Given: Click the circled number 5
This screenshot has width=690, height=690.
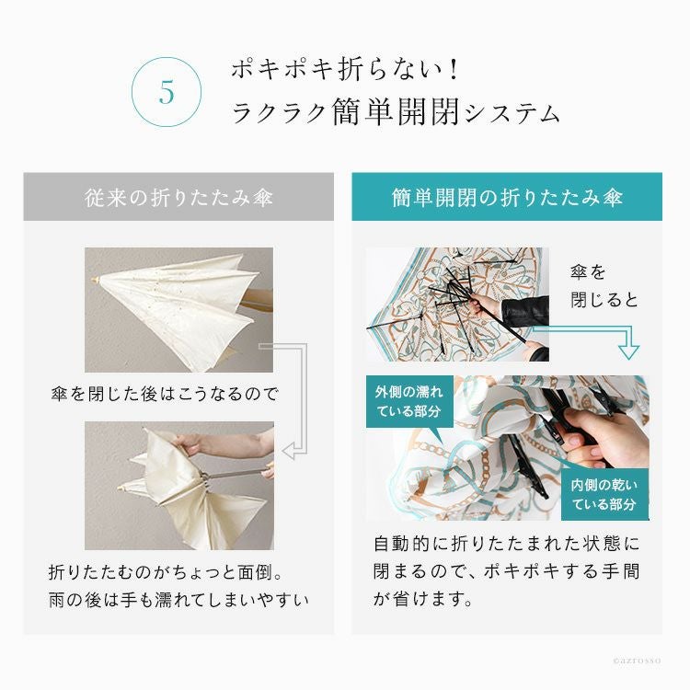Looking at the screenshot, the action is tap(167, 92).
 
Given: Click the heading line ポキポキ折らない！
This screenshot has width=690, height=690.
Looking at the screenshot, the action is tap(345, 70).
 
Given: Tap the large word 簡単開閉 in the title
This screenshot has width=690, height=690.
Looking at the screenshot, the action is tap(396, 112).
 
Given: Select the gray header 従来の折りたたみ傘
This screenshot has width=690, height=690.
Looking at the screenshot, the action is tap(178, 197).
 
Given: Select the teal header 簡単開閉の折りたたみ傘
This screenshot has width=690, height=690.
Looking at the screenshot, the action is tap(507, 197).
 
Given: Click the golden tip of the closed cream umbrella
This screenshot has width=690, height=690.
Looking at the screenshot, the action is tap(95, 281).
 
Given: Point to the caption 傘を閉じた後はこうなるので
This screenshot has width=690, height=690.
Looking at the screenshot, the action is tap(165, 394).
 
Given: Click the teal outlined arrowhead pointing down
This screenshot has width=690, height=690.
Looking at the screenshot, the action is tap(628, 351).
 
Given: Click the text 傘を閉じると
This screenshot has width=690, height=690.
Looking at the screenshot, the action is tap(604, 286).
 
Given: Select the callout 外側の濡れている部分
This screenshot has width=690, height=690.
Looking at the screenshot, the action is tap(409, 401).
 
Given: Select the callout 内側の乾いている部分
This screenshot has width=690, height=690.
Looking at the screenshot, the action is tap(604, 494).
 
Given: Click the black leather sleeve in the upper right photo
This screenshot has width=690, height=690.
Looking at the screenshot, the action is tap(526, 311).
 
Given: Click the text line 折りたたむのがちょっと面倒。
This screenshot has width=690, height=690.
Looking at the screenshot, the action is tap(166, 572).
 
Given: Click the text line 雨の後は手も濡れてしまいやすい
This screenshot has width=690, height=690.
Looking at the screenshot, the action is tap(178, 599).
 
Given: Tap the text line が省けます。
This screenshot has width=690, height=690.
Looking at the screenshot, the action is tap(423, 599).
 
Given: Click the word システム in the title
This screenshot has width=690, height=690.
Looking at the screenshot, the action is tap(512, 115).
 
